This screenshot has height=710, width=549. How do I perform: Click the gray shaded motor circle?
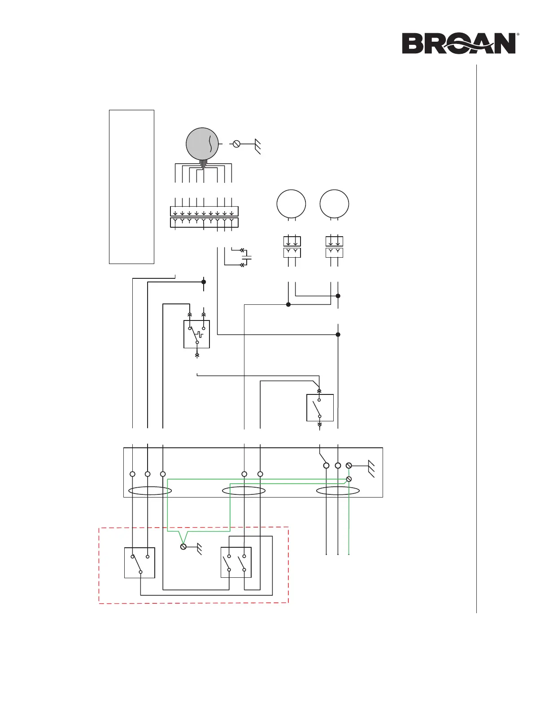coord(202,144)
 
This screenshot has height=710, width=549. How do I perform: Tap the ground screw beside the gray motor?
coord(236,144)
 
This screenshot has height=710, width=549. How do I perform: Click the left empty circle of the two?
coord(291,204)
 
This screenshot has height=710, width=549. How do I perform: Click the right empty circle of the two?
coord(334,204)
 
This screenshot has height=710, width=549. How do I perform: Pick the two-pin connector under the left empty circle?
coord(292,247)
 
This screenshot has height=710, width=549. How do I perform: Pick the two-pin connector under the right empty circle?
coord(334,247)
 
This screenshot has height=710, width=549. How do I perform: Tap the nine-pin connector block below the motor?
coord(204,216)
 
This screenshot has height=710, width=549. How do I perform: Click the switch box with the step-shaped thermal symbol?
coord(196,334)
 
